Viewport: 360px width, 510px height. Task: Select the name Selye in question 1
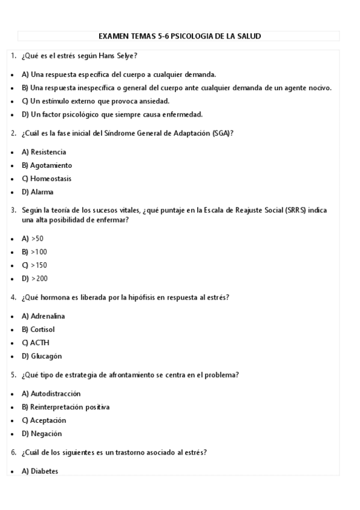click(126, 56)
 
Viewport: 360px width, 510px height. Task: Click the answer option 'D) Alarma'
click(37, 192)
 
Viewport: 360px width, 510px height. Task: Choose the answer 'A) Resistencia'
click(43, 152)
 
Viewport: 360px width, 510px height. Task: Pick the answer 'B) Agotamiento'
click(46, 165)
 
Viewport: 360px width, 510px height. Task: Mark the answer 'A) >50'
click(32, 238)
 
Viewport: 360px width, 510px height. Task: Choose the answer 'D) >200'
click(34, 278)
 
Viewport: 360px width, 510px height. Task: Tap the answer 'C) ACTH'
click(35, 343)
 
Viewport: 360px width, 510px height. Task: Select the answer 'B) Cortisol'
click(38, 330)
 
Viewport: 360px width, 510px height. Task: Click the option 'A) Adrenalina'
click(43, 316)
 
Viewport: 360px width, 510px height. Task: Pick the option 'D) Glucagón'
click(41, 356)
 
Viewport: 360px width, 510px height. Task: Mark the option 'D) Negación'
click(41, 434)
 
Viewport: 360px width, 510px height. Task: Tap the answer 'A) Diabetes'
click(40, 472)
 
